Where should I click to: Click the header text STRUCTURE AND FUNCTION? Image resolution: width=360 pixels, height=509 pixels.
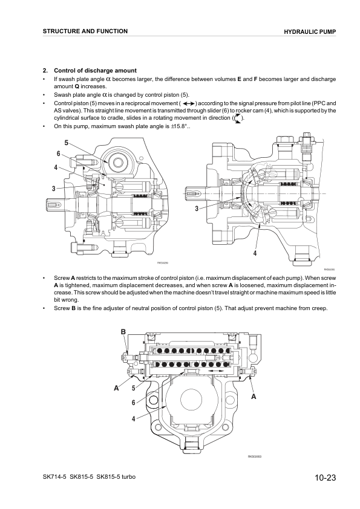(85, 31)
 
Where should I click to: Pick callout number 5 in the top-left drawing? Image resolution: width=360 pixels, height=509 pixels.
(66, 143)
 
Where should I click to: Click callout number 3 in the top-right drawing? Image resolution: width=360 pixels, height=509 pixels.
(197, 209)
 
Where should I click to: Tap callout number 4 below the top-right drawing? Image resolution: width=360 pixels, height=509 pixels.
(255, 253)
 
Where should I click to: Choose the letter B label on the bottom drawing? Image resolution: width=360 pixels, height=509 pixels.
(123, 332)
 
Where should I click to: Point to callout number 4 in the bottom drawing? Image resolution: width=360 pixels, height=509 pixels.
(133, 419)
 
